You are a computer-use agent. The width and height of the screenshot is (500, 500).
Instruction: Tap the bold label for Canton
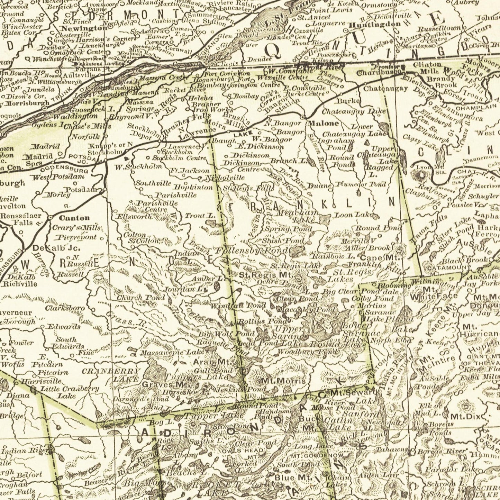pos(74,218)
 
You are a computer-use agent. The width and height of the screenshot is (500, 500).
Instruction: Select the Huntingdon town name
pos(375,25)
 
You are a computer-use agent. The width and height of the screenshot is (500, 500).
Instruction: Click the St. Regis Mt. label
pos(266,275)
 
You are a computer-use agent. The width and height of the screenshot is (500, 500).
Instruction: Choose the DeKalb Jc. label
pos(56,248)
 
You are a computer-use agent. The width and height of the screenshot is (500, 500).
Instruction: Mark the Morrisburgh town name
pos(27,103)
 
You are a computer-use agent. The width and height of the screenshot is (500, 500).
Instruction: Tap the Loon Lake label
pos(353,215)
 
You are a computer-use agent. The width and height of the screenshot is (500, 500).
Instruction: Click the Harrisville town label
pos(41,381)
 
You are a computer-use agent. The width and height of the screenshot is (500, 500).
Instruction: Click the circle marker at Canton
pos(51,218)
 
